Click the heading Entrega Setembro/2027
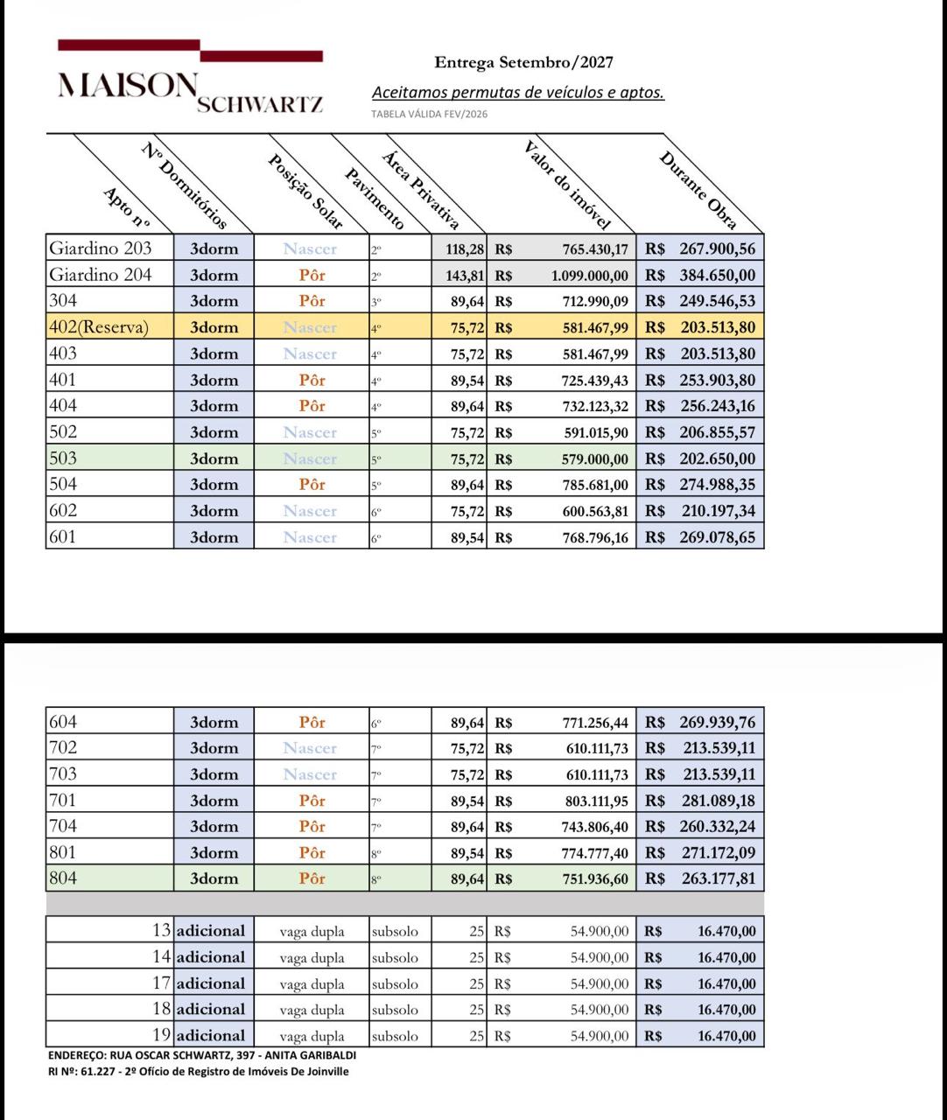[523, 62]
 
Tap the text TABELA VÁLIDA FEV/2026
[429, 114]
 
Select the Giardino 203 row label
[100, 248]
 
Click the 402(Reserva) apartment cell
[99, 327]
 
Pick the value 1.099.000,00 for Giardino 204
[589, 275]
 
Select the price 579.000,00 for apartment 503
[594, 458]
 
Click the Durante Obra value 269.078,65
[716, 537]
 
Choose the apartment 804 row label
[63, 878]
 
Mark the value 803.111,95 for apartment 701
[594, 801]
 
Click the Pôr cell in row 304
[312, 301]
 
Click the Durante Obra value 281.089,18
[718, 801]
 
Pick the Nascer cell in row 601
[310, 537]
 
